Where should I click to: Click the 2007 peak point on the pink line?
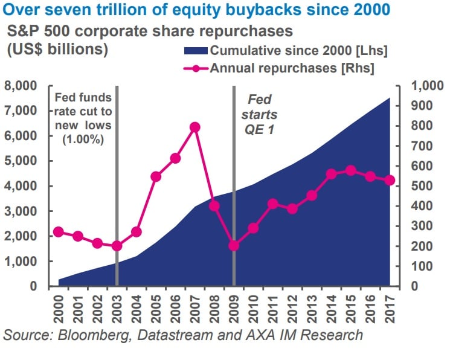click(x=194, y=127)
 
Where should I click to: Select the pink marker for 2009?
click(x=234, y=246)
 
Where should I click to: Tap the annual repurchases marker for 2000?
click(x=59, y=232)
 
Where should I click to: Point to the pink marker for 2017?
click(x=390, y=180)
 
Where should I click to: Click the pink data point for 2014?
click(x=331, y=174)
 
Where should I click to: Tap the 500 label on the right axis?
click(x=421, y=186)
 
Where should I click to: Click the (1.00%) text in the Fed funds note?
click(x=83, y=138)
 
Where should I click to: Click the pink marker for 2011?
click(x=272, y=204)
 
